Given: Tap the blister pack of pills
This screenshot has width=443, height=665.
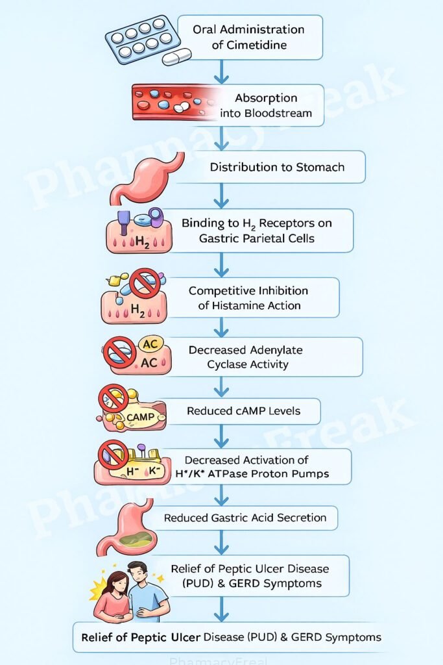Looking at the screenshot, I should (143, 39).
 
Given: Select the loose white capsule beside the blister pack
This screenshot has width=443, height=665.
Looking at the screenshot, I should (176, 58).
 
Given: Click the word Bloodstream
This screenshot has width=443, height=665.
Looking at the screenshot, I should (275, 114).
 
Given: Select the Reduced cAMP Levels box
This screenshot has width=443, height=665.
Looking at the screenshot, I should (243, 411).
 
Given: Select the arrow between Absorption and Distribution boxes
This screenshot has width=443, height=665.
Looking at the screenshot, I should (221, 138).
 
